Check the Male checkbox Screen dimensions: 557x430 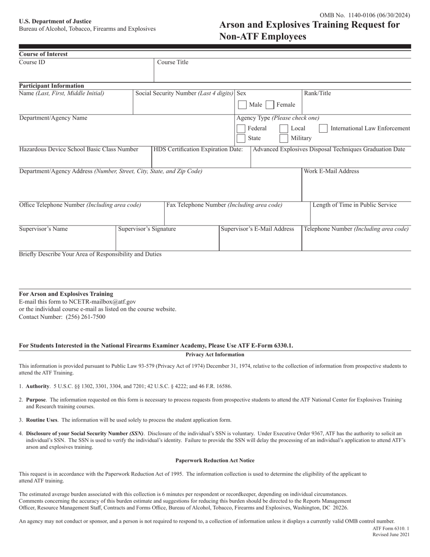tap(242, 105)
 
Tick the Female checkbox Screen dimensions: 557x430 tap(270, 105)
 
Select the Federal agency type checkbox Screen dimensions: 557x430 tap(241, 128)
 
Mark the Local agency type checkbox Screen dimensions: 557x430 tap(284, 128)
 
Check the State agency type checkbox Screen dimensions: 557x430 tap(241, 138)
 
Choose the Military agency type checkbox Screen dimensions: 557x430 tap(284, 138)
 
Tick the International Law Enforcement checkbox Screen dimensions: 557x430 tap(323, 128)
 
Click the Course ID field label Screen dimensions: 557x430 tap(32, 62)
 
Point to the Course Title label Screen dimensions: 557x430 tap(173, 62)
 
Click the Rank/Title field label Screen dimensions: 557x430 tap(317, 93)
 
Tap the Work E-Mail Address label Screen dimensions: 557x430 tap(331, 171)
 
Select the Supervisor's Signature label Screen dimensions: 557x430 tap(147, 229)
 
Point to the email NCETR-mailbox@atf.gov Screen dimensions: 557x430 tap(102, 301)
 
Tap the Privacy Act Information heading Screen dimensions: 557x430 tap(215, 355)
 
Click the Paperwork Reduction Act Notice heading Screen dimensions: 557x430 tap(215, 460)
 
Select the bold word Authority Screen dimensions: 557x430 tap(38, 386)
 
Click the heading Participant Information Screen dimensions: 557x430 tap(51, 86)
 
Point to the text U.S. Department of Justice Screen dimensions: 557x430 tap(55, 21)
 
